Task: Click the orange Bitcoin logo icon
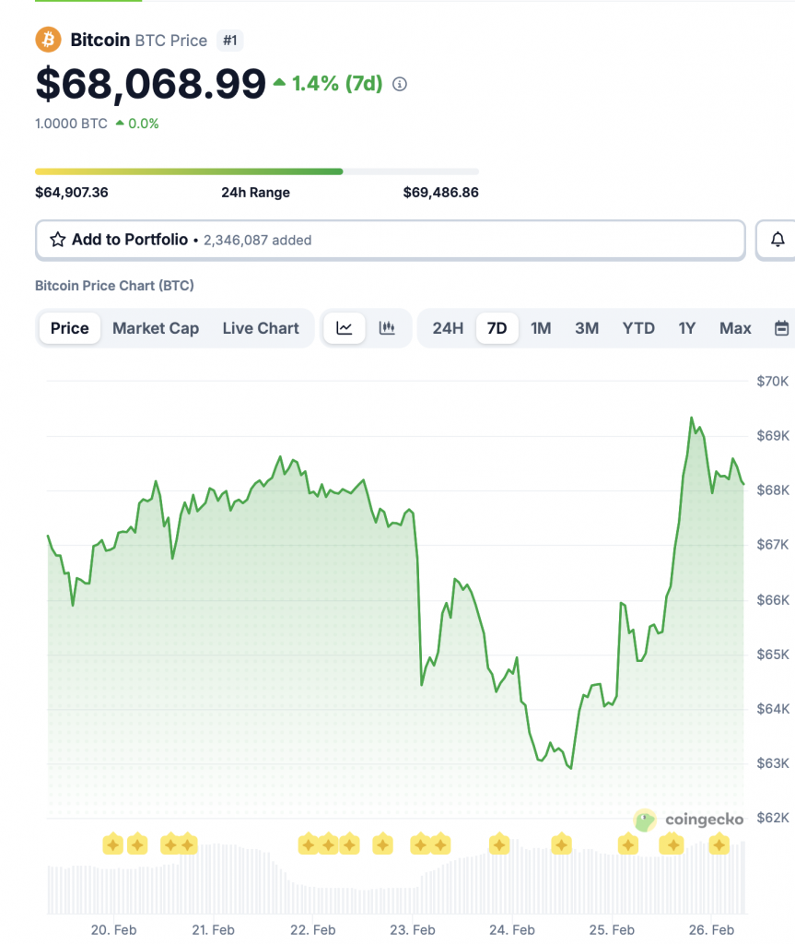point(48,41)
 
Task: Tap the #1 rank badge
point(229,41)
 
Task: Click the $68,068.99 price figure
point(150,84)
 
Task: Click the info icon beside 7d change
point(400,84)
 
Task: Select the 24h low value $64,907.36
point(72,193)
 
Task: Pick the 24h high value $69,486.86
point(440,193)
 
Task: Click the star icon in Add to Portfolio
point(58,240)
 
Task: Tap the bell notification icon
point(777,240)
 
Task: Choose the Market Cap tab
point(156,328)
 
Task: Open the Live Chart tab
point(261,328)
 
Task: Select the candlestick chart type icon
point(387,328)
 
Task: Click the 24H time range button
point(448,328)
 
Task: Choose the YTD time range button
point(638,328)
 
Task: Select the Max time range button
point(735,328)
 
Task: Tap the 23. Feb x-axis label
point(413,929)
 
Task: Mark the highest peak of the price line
point(691,418)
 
